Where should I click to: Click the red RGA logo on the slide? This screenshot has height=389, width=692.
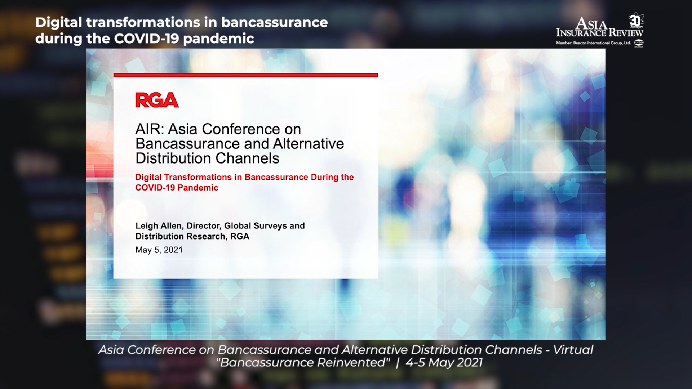pos(157,100)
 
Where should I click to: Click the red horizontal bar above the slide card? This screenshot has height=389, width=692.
pos(245,75)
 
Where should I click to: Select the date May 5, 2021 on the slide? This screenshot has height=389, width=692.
pos(159,250)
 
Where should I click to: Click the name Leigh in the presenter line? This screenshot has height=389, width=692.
pos(147,226)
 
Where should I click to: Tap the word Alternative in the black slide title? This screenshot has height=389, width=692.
pos(309,144)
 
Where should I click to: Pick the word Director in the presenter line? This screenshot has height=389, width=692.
pos(204,226)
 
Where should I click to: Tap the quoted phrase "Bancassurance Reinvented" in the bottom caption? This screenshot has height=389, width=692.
pos(303,362)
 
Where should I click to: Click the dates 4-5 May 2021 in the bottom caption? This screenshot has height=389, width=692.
pos(444,362)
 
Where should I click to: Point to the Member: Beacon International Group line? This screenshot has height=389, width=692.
pos(594,43)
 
